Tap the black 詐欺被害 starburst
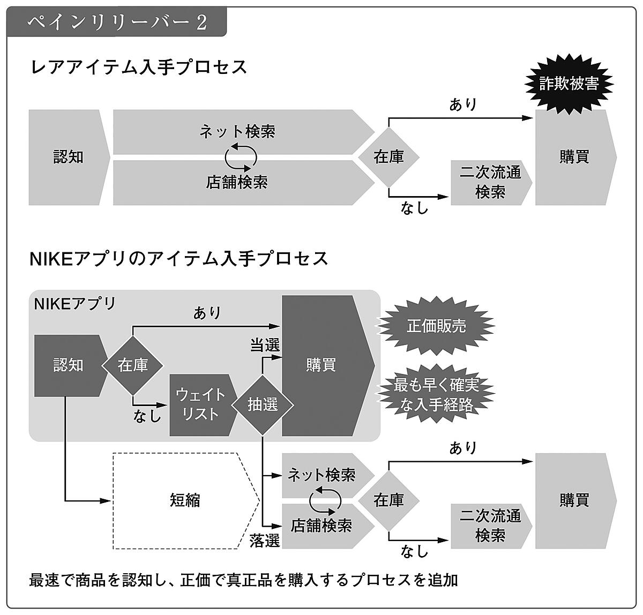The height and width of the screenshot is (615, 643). (569, 84)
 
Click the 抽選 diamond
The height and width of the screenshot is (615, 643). (263, 404)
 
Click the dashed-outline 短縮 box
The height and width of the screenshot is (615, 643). (185, 500)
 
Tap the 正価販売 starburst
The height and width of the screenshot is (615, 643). (436, 326)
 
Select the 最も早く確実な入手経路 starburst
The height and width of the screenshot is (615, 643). (436, 395)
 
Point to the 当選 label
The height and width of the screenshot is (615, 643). (265, 345)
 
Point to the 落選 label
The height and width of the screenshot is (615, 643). (265, 541)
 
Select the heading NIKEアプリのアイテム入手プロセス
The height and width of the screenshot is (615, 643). (179, 259)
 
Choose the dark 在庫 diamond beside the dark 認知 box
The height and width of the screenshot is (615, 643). (133, 365)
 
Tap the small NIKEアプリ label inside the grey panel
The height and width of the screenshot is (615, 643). (74, 304)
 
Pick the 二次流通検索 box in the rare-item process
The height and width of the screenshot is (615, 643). (490, 182)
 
